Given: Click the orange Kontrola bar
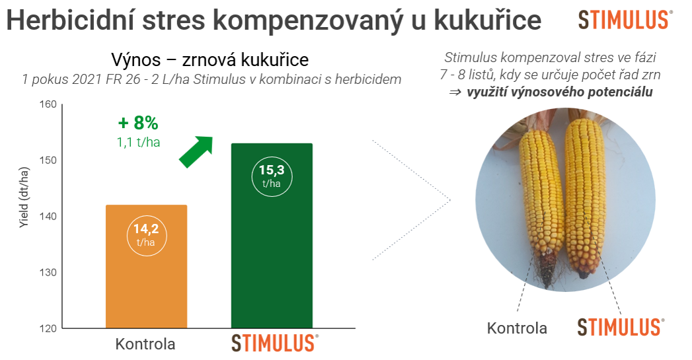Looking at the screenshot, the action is pyautogui.click(x=147, y=266).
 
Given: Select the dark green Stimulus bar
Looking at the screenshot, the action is pyautogui.click(x=272, y=236).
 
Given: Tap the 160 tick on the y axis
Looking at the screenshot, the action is pyautogui.click(x=48, y=104).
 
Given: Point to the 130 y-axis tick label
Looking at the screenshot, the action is pyautogui.click(x=48, y=273).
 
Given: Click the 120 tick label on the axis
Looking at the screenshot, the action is pyautogui.click(x=48, y=329).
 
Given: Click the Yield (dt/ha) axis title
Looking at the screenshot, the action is pyautogui.click(x=24, y=198).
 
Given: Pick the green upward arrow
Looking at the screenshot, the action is pyautogui.click(x=196, y=151).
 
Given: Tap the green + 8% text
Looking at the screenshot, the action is pyautogui.click(x=138, y=123).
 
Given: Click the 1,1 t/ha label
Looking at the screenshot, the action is pyautogui.click(x=138, y=142).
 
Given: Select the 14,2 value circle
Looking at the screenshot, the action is pyautogui.click(x=147, y=236).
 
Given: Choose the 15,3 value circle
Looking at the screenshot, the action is pyautogui.click(x=272, y=176).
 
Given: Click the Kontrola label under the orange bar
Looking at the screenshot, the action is pyautogui.click(x=145, y=343).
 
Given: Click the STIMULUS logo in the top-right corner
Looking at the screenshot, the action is pyautogui.click(x=625, y=20).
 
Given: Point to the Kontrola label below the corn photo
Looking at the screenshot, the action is pyautogui.click(x=517, y=328).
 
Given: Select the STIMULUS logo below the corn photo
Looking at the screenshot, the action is pyautogui.click(x=621, y=328).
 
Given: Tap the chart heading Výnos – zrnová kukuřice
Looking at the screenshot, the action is pyautogui.click(x=210, y=59).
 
